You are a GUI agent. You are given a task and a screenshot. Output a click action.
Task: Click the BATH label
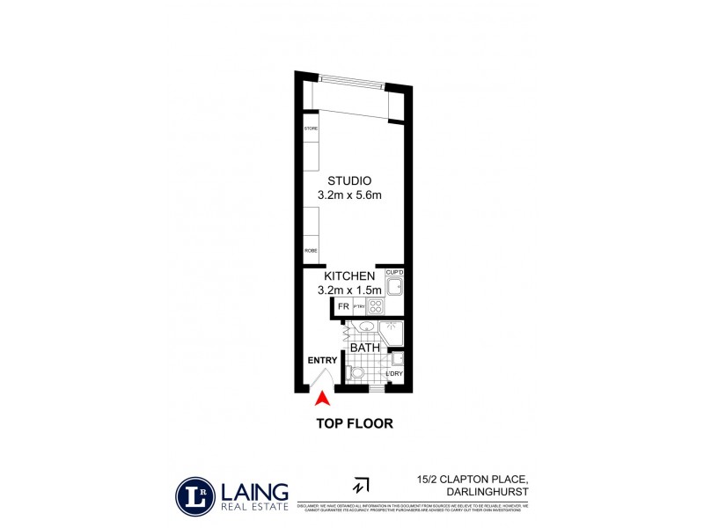click(x=364, y=348)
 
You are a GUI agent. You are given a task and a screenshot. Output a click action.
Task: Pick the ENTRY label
click(x=322, y=361)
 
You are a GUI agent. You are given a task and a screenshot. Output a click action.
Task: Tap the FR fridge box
click(x=344, y=307)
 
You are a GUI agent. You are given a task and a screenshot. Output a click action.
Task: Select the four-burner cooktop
click(x=376, y=307)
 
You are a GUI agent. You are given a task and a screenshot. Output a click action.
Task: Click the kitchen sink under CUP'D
click(x=394, y=286)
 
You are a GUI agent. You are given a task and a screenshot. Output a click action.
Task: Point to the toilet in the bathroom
click(x=356, y=374)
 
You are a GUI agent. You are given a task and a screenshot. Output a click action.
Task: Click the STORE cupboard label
click(x=311, y=129)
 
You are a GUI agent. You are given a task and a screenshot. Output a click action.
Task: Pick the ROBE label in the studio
click(x=311, y=251)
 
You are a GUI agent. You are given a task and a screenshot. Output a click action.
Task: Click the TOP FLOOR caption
click(x=354, y=423)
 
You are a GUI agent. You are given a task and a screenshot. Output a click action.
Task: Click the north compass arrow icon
click(x=360, y=485)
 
